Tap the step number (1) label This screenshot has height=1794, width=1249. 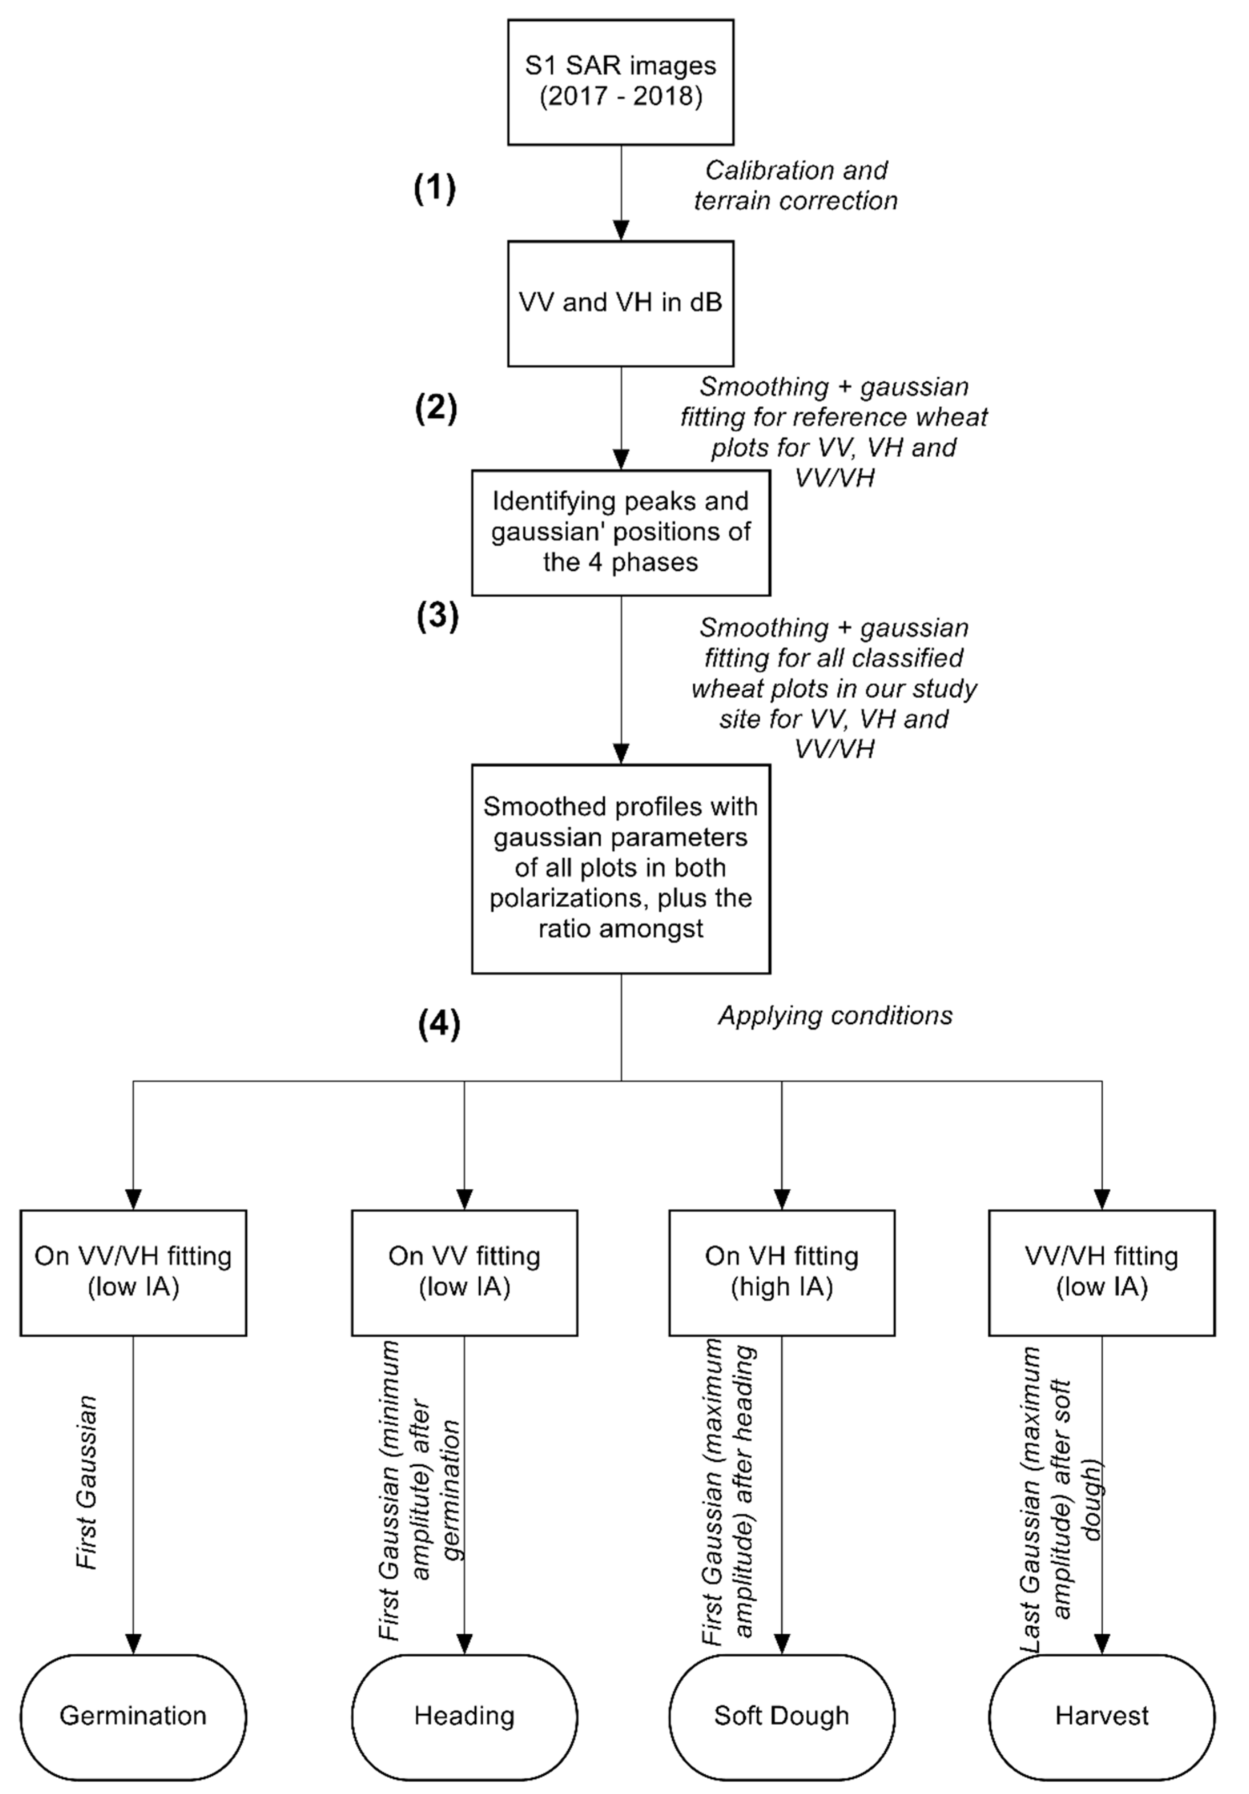point(435,188)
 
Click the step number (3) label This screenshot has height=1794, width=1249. point(437,616)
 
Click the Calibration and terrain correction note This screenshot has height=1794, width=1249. point(796,185)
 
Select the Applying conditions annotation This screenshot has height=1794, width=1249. point(835,1015)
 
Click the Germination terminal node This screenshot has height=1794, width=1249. point(133,1716)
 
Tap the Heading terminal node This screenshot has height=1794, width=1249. point(464,1716)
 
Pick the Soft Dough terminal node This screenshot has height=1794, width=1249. point(782,1716)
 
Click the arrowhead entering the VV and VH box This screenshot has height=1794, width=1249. point(621,231)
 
